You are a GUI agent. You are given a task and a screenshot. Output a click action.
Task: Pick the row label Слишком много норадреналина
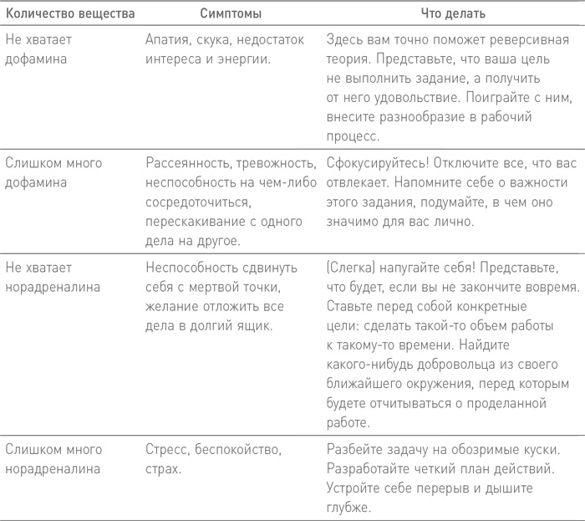[x=53, y=459]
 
